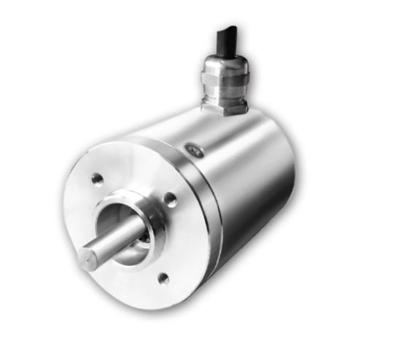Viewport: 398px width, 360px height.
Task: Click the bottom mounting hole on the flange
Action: (163, 277)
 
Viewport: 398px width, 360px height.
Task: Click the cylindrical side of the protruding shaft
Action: (117, 244)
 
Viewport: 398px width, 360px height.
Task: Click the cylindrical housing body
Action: (248, 182)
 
